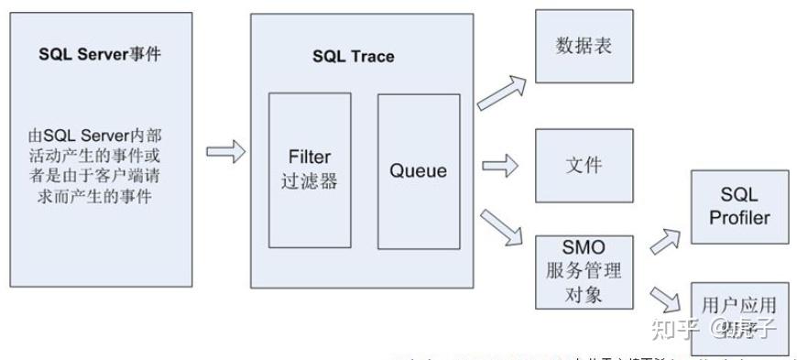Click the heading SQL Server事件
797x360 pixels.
99,53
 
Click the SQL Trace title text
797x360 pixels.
353,57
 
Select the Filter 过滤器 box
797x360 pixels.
310,169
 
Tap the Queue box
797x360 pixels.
418,170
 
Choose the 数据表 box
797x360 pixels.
584,46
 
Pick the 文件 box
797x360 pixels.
584,166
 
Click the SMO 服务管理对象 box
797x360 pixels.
584,270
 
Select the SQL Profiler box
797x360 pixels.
738,208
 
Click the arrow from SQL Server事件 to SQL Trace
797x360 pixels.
225,151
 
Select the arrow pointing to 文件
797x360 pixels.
500,166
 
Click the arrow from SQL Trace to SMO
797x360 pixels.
502,228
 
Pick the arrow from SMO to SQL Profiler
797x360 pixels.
665,242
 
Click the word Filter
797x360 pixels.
309,158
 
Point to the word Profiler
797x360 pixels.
738,218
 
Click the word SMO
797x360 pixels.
584,246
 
